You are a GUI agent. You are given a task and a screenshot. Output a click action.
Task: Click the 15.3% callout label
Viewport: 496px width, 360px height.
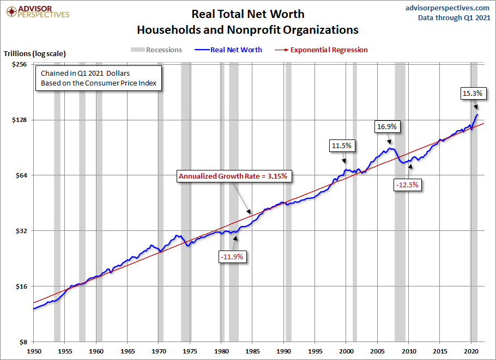coord(472,93)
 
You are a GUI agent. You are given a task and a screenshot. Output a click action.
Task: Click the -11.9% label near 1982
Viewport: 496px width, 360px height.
coord(232,256)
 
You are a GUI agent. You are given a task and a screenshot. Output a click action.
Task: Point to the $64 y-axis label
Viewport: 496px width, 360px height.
coord(20,175)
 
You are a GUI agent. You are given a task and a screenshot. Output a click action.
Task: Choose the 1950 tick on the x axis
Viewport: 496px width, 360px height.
coord(33,351)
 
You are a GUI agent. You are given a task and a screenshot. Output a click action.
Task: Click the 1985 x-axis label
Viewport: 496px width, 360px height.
coord(252,351)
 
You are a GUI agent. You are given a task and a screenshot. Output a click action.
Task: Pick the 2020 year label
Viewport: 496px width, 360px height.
coord(471,351)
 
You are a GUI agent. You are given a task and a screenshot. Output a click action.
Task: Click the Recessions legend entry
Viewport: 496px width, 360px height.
coord(156,50)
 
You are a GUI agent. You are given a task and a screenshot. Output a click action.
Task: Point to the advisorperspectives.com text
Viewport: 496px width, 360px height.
coord(447,8)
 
